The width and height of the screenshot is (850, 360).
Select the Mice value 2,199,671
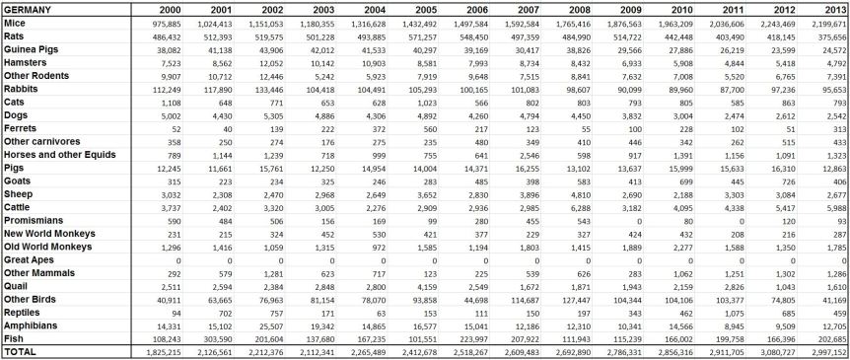tap(830, 22)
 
